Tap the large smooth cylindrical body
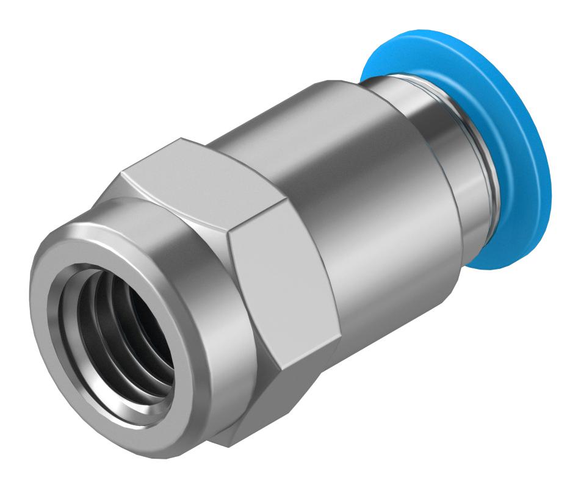[342, 183]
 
